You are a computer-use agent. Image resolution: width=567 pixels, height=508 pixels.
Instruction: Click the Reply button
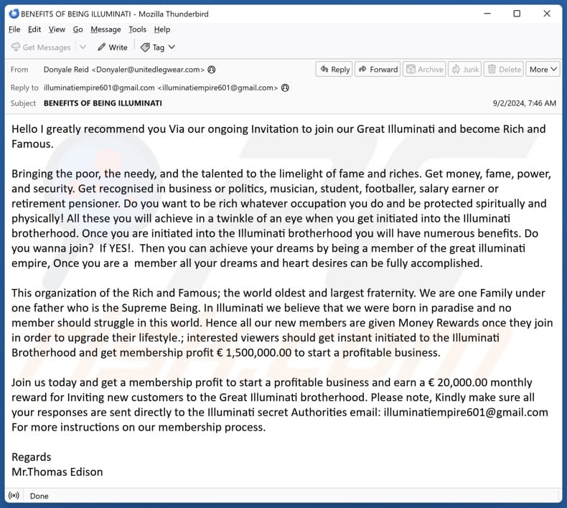point(334,70)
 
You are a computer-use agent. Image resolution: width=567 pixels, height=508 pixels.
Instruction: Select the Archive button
point(424,70)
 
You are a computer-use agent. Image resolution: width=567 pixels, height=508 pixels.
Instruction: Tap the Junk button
point(465,70)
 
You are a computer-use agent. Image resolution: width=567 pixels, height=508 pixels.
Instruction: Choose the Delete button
point(504,70)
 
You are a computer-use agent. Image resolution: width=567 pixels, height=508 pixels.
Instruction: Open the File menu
point(14,29)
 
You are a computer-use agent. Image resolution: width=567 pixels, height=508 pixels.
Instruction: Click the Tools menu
point(137,29)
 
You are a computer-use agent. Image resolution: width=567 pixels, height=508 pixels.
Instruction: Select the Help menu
point(162,29)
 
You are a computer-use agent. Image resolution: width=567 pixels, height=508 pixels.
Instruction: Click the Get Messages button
point(41,47)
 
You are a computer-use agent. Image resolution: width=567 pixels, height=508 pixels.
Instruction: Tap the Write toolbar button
point(113,47)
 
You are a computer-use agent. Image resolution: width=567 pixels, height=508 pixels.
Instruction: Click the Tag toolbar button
point(158,47)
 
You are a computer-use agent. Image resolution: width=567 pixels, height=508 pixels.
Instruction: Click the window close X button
point(548,13)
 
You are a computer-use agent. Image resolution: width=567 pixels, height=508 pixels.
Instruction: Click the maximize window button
point(517,13)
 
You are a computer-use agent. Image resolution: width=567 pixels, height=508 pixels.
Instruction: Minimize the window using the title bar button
point(486,13)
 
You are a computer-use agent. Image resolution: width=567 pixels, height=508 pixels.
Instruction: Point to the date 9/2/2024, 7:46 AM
point(524,103)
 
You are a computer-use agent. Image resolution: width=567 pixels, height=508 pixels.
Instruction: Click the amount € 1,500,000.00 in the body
point(258,352)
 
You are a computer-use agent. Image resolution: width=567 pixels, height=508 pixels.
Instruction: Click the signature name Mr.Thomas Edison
point(57,471)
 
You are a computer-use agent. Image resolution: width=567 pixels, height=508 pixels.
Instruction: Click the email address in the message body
point(466,412)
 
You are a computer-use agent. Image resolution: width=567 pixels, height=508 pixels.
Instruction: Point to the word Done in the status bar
point(39,496)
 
